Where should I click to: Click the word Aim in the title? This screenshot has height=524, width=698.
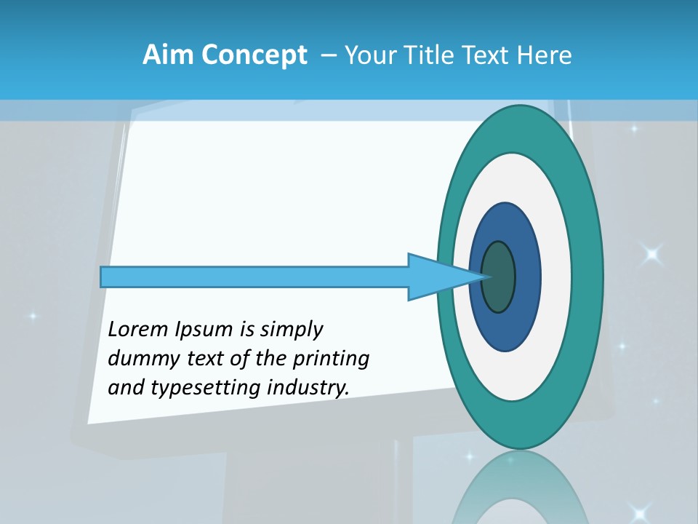click(169, 55)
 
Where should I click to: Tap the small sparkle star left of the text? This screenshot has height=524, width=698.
click(31, 317)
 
